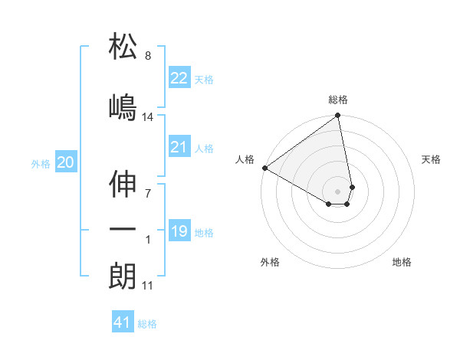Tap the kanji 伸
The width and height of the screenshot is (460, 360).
[123, 183]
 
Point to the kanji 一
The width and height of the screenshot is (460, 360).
[123, 229]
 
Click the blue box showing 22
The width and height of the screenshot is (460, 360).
[179, 78]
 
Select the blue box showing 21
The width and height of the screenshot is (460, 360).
[179, 147]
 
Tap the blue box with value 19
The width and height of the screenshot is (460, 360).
[179, 231]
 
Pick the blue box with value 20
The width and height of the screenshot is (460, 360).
[66, 162]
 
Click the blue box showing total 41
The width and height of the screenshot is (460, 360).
[123, 322]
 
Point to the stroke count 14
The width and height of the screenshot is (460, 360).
[148, 116]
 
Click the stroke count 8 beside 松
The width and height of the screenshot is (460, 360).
[148, 56]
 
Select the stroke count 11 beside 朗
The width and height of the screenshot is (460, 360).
[148, 286]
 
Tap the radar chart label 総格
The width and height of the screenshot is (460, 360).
[338, 100]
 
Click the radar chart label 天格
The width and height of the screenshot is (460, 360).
[431, 159]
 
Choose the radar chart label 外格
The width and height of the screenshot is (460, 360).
[270, 262]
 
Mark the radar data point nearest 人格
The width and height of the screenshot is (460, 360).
[264, 168]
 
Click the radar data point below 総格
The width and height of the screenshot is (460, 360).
[338, 116]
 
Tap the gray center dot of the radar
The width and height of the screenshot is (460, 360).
[338, 191]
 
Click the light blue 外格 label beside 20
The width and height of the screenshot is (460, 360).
[40, 163]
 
